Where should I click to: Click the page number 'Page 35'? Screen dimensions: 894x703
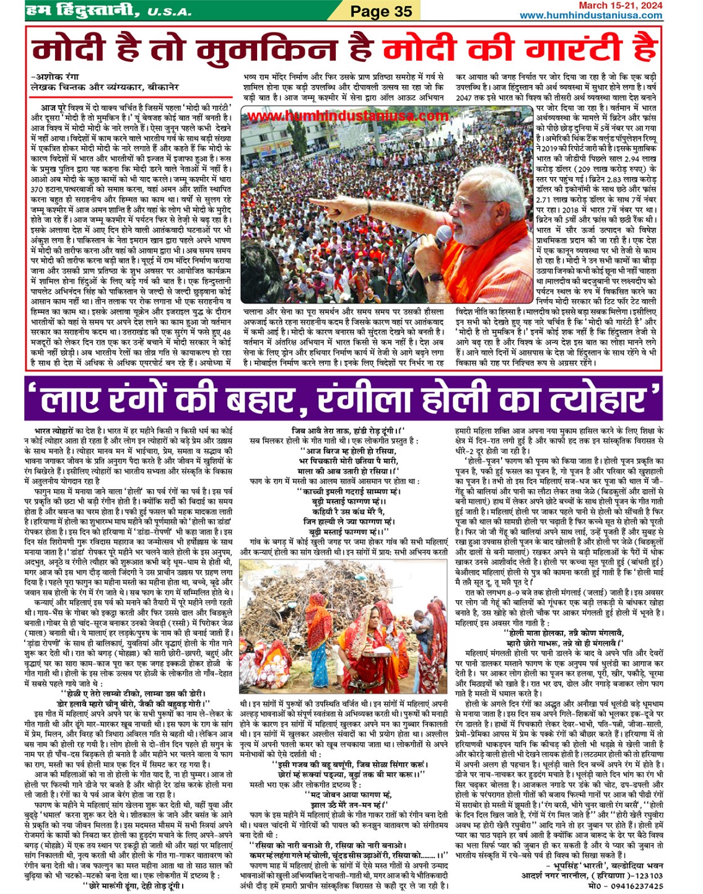[380, 11]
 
